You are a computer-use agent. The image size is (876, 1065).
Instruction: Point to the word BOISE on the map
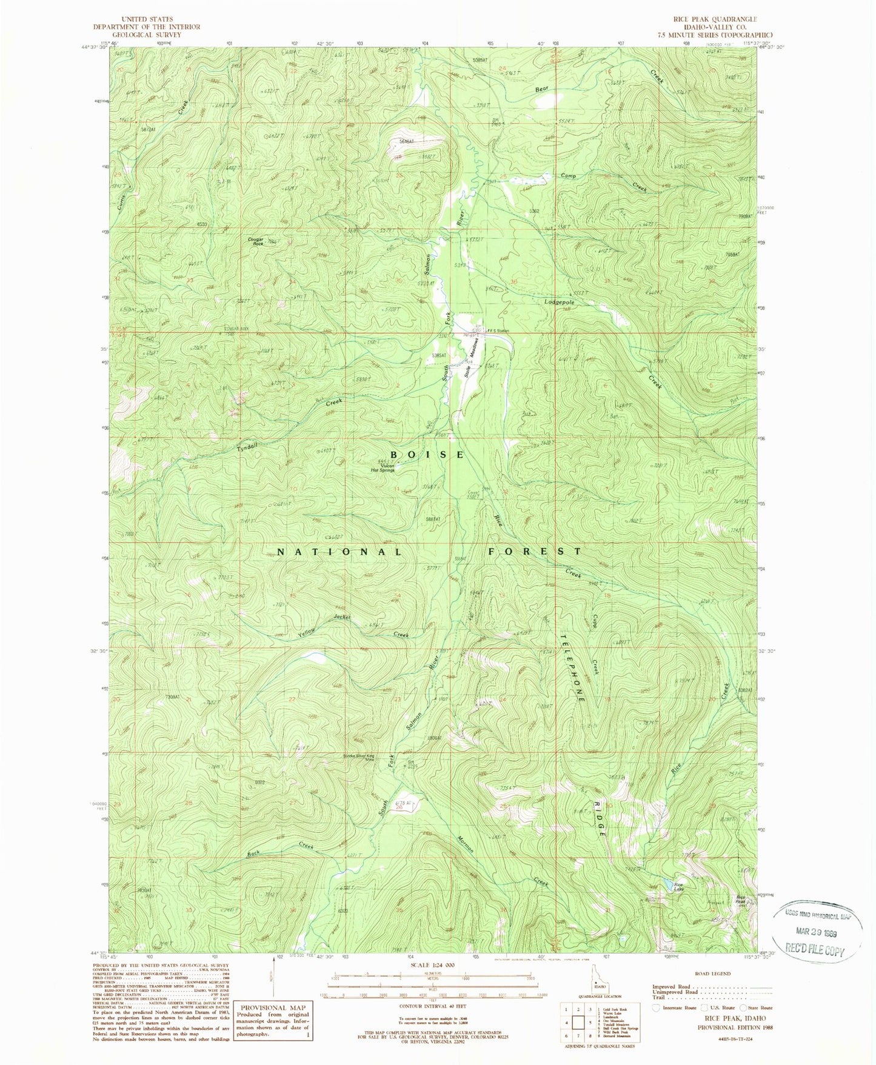click(427, 455)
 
